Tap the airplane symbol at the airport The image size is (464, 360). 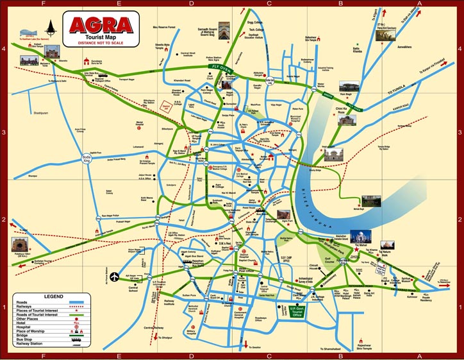coord(115,277)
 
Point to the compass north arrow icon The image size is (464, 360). coord(51,26)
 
